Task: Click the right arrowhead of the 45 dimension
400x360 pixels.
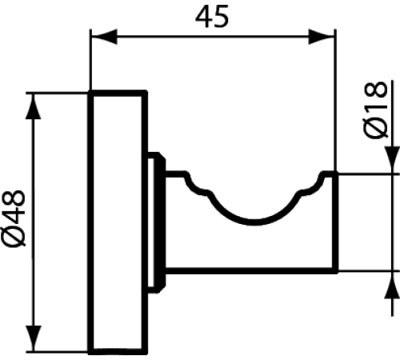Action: [324, 36]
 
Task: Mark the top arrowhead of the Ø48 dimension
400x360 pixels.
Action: [33, 102]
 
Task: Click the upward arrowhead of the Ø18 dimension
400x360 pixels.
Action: [391, 282]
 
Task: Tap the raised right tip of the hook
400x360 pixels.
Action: [327, 177]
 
